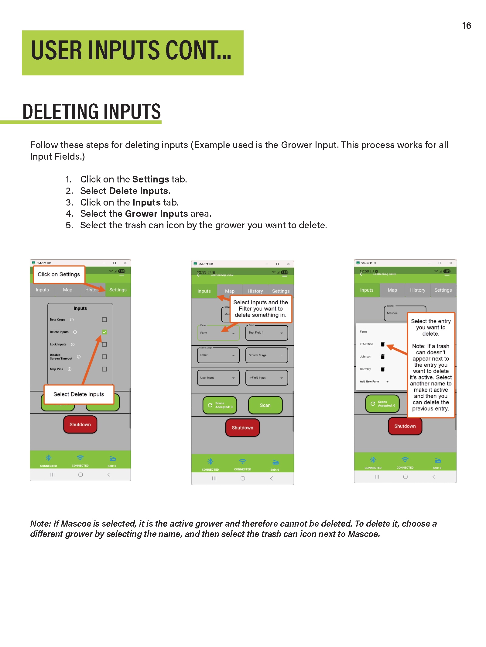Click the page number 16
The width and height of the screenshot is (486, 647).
pyautogui.click(x=466, y=26)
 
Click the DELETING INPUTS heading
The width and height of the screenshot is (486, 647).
pyautogui.click(x=91, y=112)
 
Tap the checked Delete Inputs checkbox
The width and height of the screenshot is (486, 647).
pyautogui.click(x=104, y=332)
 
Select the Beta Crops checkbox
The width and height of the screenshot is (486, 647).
pyautogui.click(x=104, y=320)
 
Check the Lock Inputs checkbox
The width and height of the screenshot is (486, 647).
pyautogui.click(x=104, y=344)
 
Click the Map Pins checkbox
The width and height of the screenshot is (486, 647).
pyautogui.click(x=104, y=369)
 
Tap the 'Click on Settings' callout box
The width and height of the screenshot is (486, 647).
pyautogui.click(x=59, y=274)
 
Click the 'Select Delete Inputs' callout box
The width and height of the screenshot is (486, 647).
pyautogui.click(x=79, y=394)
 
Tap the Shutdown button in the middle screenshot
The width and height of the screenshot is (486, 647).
pyautogui.click(x=242, y=427)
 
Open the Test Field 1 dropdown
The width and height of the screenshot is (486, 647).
pyautogui.click(x=266, y=333)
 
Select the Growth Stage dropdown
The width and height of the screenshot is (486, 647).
pyautogui.click(x=266, y=355)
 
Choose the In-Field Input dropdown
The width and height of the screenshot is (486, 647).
pyautogui.click(x=266, y=378)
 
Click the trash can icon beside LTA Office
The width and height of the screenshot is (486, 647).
pyautogui.click(x=383, y=344)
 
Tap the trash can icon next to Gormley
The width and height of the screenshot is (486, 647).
pyautogui.click(x=383, y=369)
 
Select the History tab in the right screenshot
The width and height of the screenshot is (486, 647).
pyautogui.click(x=417, y=290)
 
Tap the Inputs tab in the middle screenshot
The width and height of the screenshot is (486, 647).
pyautogui.click(x=204, y=291)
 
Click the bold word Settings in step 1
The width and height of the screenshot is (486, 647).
pyautogui.click(x=151, y=179)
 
